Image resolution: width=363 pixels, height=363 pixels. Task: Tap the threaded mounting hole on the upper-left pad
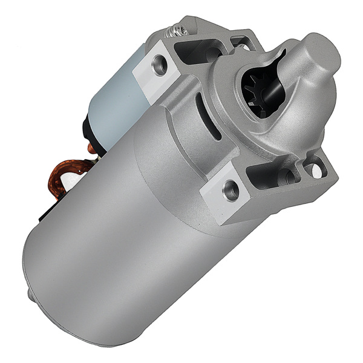pyautogui.click(x=160, y=64)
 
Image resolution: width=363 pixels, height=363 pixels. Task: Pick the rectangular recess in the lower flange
pyautogui.click(x=266, y=175)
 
